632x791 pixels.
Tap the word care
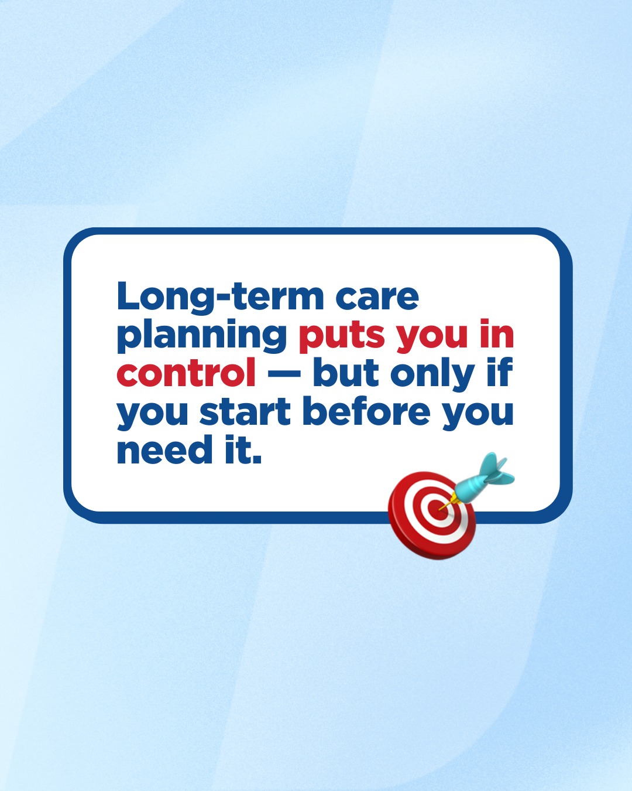point(377,298)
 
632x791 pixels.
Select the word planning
point(202,336)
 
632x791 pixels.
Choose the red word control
point(186,372)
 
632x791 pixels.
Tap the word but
point(346,372)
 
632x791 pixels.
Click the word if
point(499,372)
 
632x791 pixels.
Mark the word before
point(366,411)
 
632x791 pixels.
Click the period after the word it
point(257,459)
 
